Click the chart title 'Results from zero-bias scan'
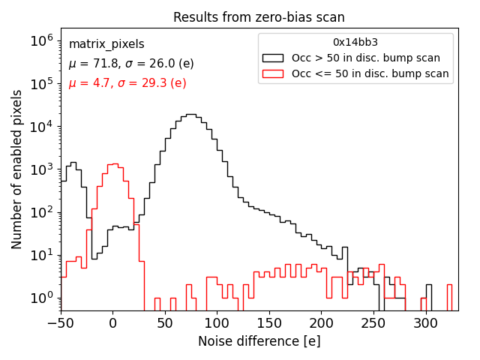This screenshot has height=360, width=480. [x=259, y=17]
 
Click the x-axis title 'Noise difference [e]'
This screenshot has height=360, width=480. [x=259, y=341]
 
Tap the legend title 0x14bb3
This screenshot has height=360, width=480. [x=355, y=42]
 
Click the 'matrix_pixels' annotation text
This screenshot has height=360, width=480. [x=106, y=44]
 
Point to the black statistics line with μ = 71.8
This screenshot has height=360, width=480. [x=131, y=64]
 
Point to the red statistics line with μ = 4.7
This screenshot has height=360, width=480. [x=127, y=83]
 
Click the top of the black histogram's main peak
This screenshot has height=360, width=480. [x=190, y=115]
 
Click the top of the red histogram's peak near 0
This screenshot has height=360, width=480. [x=112, y=163]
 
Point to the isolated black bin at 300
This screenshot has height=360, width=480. [x=428, y=285]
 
